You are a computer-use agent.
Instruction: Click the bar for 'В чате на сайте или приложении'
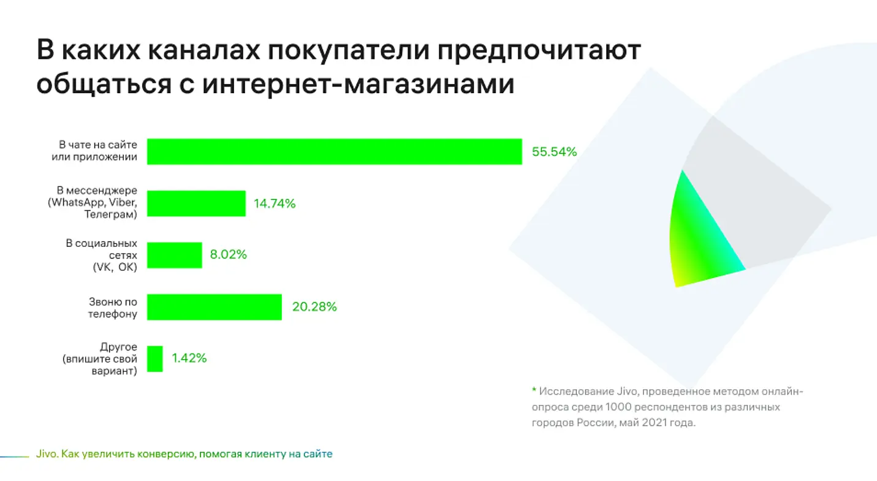[334, 151]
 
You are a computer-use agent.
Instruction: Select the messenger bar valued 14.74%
[196, 203]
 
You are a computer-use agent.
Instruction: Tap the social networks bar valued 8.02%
[175, 255]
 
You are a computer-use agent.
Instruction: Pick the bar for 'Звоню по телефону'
[215, 307]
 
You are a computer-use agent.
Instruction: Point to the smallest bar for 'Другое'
[155, 358]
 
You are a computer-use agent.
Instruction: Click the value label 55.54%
[554, 152]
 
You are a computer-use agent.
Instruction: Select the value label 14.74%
[275, 204]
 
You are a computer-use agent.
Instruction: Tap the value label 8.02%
[228, 255]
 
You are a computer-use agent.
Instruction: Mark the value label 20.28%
[314, 307]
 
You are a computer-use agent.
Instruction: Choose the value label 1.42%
[189, 358]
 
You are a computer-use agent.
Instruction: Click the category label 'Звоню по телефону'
[113, 308]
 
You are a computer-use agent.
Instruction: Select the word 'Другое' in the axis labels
[118, 347]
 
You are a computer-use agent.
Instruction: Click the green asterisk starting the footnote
[534, 390]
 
